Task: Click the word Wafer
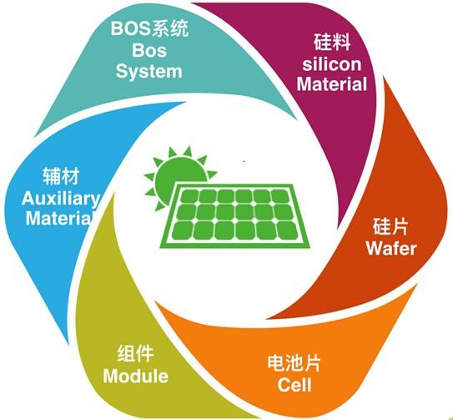pos(391,249)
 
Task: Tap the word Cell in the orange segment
pos(294,385)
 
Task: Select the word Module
pos(135,376)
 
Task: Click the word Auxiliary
pos(60,199)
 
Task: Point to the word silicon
pos(332,64)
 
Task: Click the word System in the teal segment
pos(148,72)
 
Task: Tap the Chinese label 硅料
pos(332,42)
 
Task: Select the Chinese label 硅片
pos(390,226)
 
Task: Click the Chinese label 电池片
pos(294,363)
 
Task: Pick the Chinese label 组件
pos(135,353)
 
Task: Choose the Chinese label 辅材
pos(61,176)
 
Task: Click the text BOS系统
pos(149,28)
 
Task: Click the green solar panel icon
pos(235,216)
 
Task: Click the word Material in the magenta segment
pos(332,84)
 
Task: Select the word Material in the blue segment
pos(59,219)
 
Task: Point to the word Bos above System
pos(149,50)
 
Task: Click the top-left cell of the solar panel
pos(190,196)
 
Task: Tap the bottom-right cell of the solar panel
pos(287,230)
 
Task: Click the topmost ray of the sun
pos(188,151)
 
